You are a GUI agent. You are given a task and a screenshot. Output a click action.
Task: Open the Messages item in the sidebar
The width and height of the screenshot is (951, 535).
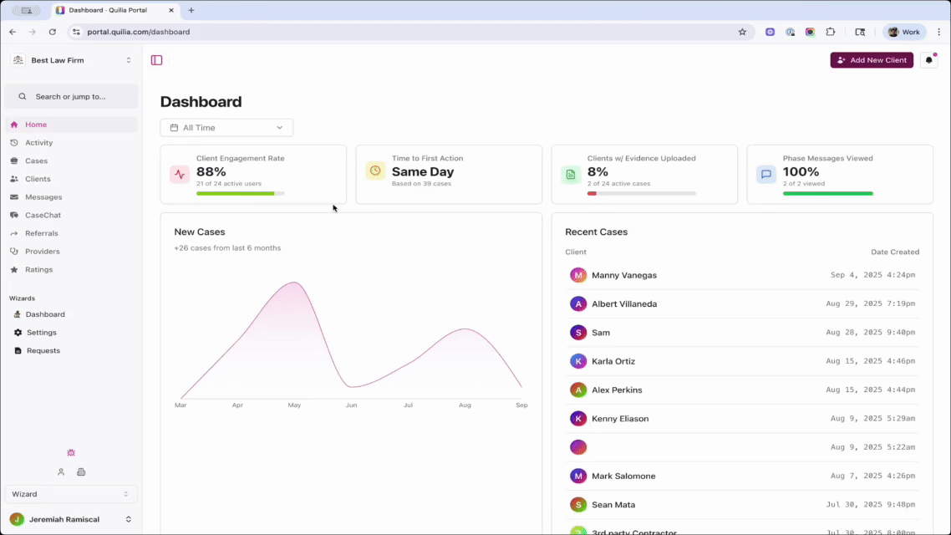tap(43, 197)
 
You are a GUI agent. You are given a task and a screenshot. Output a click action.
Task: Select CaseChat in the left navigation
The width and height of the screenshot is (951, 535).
tap(43, 216)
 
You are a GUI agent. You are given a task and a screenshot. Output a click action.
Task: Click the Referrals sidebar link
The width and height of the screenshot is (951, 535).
tap(41, 233)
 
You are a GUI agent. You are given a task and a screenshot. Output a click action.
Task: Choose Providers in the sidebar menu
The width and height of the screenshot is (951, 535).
tap(42, 252)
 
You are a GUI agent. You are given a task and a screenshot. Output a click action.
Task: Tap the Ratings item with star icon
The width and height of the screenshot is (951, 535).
tap(38, 270)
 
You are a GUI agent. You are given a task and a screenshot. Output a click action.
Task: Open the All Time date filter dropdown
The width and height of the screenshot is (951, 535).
tap(226, 128)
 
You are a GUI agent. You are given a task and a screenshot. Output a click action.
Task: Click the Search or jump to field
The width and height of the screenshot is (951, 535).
tap(71, 96)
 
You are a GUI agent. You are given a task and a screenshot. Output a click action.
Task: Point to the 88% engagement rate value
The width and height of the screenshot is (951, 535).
tap(211, 171)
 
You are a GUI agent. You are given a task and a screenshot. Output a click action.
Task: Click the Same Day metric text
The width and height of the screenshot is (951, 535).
tap(422, 171)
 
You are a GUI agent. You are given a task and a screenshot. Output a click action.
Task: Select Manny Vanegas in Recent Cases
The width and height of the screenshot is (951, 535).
tap(623, 275)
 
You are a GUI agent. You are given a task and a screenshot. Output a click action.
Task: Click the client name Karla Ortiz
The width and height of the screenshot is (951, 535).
tap(613, 361)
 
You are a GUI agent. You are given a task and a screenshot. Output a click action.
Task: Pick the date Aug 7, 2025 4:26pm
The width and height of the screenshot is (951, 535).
tap(872, 476)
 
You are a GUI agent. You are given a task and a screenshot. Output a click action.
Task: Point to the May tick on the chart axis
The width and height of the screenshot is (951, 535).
tap(294, 405)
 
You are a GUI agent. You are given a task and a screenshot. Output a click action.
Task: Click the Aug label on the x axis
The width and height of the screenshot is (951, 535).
tap(465, 405)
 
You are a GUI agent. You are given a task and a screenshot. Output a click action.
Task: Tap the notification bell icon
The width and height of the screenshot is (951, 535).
tap(928, 60)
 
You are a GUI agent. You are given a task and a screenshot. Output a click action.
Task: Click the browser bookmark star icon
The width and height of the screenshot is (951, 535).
tap(742, 32)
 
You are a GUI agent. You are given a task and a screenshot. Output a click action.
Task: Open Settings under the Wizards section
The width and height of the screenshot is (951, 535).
tap(41, 333)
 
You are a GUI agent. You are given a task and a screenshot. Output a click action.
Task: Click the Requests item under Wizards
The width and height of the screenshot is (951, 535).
tap(43, 351)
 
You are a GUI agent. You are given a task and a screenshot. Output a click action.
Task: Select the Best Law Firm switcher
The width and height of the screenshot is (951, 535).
tap(71, 60)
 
